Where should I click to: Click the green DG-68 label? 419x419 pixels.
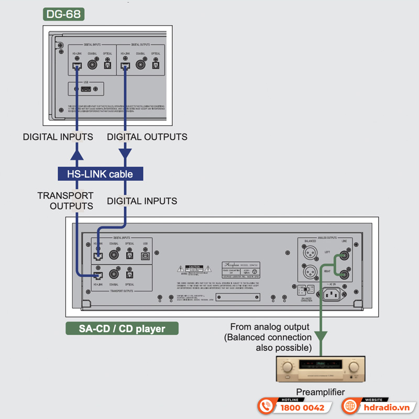pos(63,14)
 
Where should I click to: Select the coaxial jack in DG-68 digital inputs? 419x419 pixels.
pos(93,65)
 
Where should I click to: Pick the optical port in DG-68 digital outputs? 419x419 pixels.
pos(156,65)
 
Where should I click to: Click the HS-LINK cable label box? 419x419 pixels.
pos(100,174)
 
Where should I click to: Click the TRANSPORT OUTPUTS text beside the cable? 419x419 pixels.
pos(65,201)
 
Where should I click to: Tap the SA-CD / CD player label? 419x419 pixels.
pos(122,329)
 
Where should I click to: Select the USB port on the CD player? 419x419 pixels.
pos(145,256)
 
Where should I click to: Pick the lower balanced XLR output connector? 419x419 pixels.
pos(310,273)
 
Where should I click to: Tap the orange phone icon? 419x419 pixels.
pos(267,407)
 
